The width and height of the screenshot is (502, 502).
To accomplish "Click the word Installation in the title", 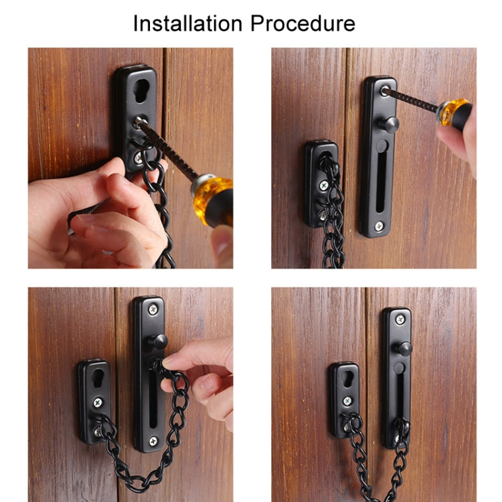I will pos(188,23).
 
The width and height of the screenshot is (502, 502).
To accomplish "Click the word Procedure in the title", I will pos(303,23).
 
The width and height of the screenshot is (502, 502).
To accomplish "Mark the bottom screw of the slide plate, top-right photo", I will pos(380,225).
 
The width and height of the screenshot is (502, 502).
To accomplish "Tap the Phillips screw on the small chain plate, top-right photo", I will pos(324,183).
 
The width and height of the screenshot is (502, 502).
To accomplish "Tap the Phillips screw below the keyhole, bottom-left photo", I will pos(97,404).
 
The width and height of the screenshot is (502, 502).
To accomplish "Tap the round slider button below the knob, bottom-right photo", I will pos(399,367).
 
